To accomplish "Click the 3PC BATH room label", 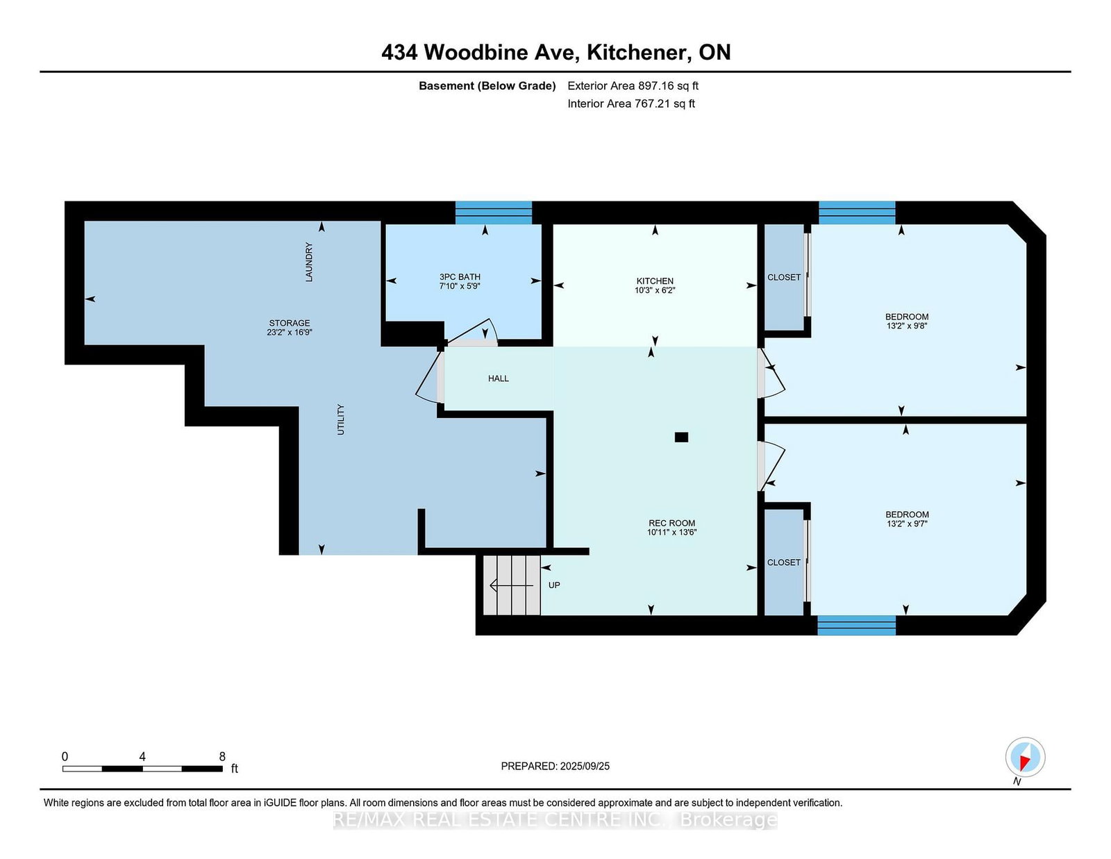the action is tap(459, 277).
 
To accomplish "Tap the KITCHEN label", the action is tap(654, 281).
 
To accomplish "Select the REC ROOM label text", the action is tap(671, 523).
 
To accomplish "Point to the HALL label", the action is tap(498, 378).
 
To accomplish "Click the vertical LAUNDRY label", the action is tap(309, 262).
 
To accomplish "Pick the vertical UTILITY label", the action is tap(340, 419).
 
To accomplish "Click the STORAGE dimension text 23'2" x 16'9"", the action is tap(290, 332).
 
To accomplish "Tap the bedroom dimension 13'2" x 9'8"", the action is tap(907, 325).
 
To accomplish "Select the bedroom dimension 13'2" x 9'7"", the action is tap(907, 523).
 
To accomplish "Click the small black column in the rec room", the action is tap(681, 437).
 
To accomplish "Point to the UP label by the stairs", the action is tap(554, 585).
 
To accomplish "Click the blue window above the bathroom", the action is tap(494, 212).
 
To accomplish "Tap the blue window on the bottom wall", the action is tap(856, 626).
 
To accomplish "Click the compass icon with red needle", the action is tap(1025, 757).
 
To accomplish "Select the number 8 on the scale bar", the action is tap(222, 756).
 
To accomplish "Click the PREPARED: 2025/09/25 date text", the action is tap(555, 766).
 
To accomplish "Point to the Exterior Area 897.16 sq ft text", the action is tap(633, 86).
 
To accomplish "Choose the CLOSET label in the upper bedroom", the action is tap(784, 277).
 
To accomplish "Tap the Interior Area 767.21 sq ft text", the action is tap(631, 103).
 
